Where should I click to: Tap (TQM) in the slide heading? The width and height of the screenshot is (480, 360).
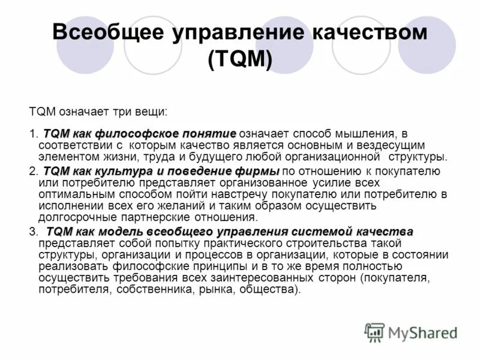(x=239, y=59)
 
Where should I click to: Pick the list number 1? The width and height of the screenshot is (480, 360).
(x=32, y=134)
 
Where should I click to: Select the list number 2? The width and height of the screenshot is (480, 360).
(x=32, y=172)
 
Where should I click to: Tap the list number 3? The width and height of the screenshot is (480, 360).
(x=32, y=232)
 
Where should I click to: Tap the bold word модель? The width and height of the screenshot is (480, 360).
(x=122, y=232)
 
